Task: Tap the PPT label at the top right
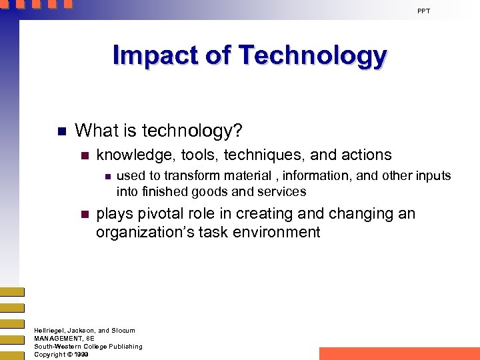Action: tap(424, 11)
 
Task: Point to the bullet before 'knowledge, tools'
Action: tap(84, 155)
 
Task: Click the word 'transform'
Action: tap(190, 176)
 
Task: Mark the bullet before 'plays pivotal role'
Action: tap(84, 215)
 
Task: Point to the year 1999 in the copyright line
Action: tap(81, 355)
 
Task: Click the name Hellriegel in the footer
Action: tap(51, 331)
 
